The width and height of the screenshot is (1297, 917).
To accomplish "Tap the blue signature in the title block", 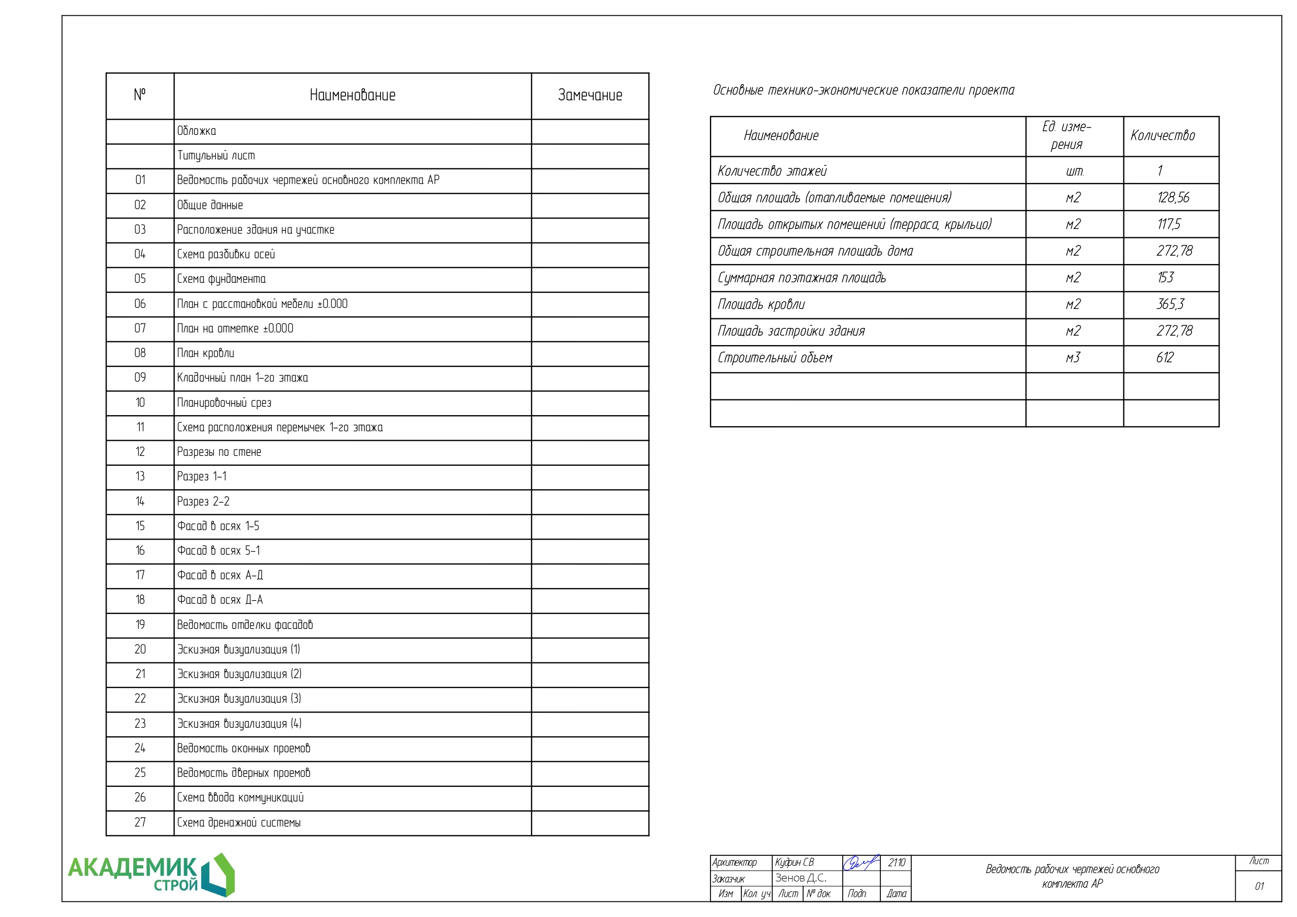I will point(860,863).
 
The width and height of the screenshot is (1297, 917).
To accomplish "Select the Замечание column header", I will point(590,96).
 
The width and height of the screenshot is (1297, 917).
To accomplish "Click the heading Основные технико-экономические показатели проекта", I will point(863,90).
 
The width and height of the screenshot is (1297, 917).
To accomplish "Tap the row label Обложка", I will point(197,131).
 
